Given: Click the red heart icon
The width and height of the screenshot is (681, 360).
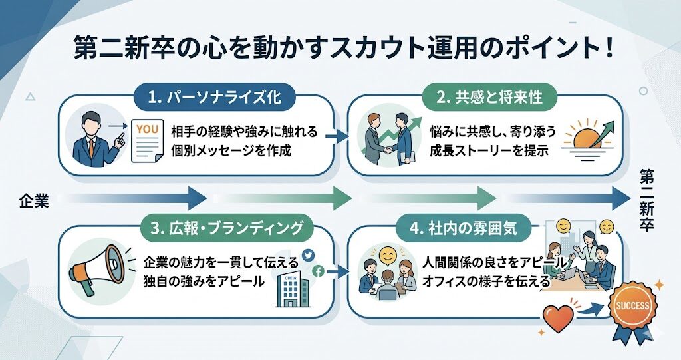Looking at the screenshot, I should (558, 319).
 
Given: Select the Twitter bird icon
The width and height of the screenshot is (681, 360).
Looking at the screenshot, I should (308, 254).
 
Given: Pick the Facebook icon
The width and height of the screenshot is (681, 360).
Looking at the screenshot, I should (318, 270).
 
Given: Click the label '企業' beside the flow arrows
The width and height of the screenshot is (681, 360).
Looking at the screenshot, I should (33, 200).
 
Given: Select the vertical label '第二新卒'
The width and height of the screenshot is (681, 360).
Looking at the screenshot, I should (646, 200).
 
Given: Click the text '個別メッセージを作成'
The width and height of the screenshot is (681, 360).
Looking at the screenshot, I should (231, 150).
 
